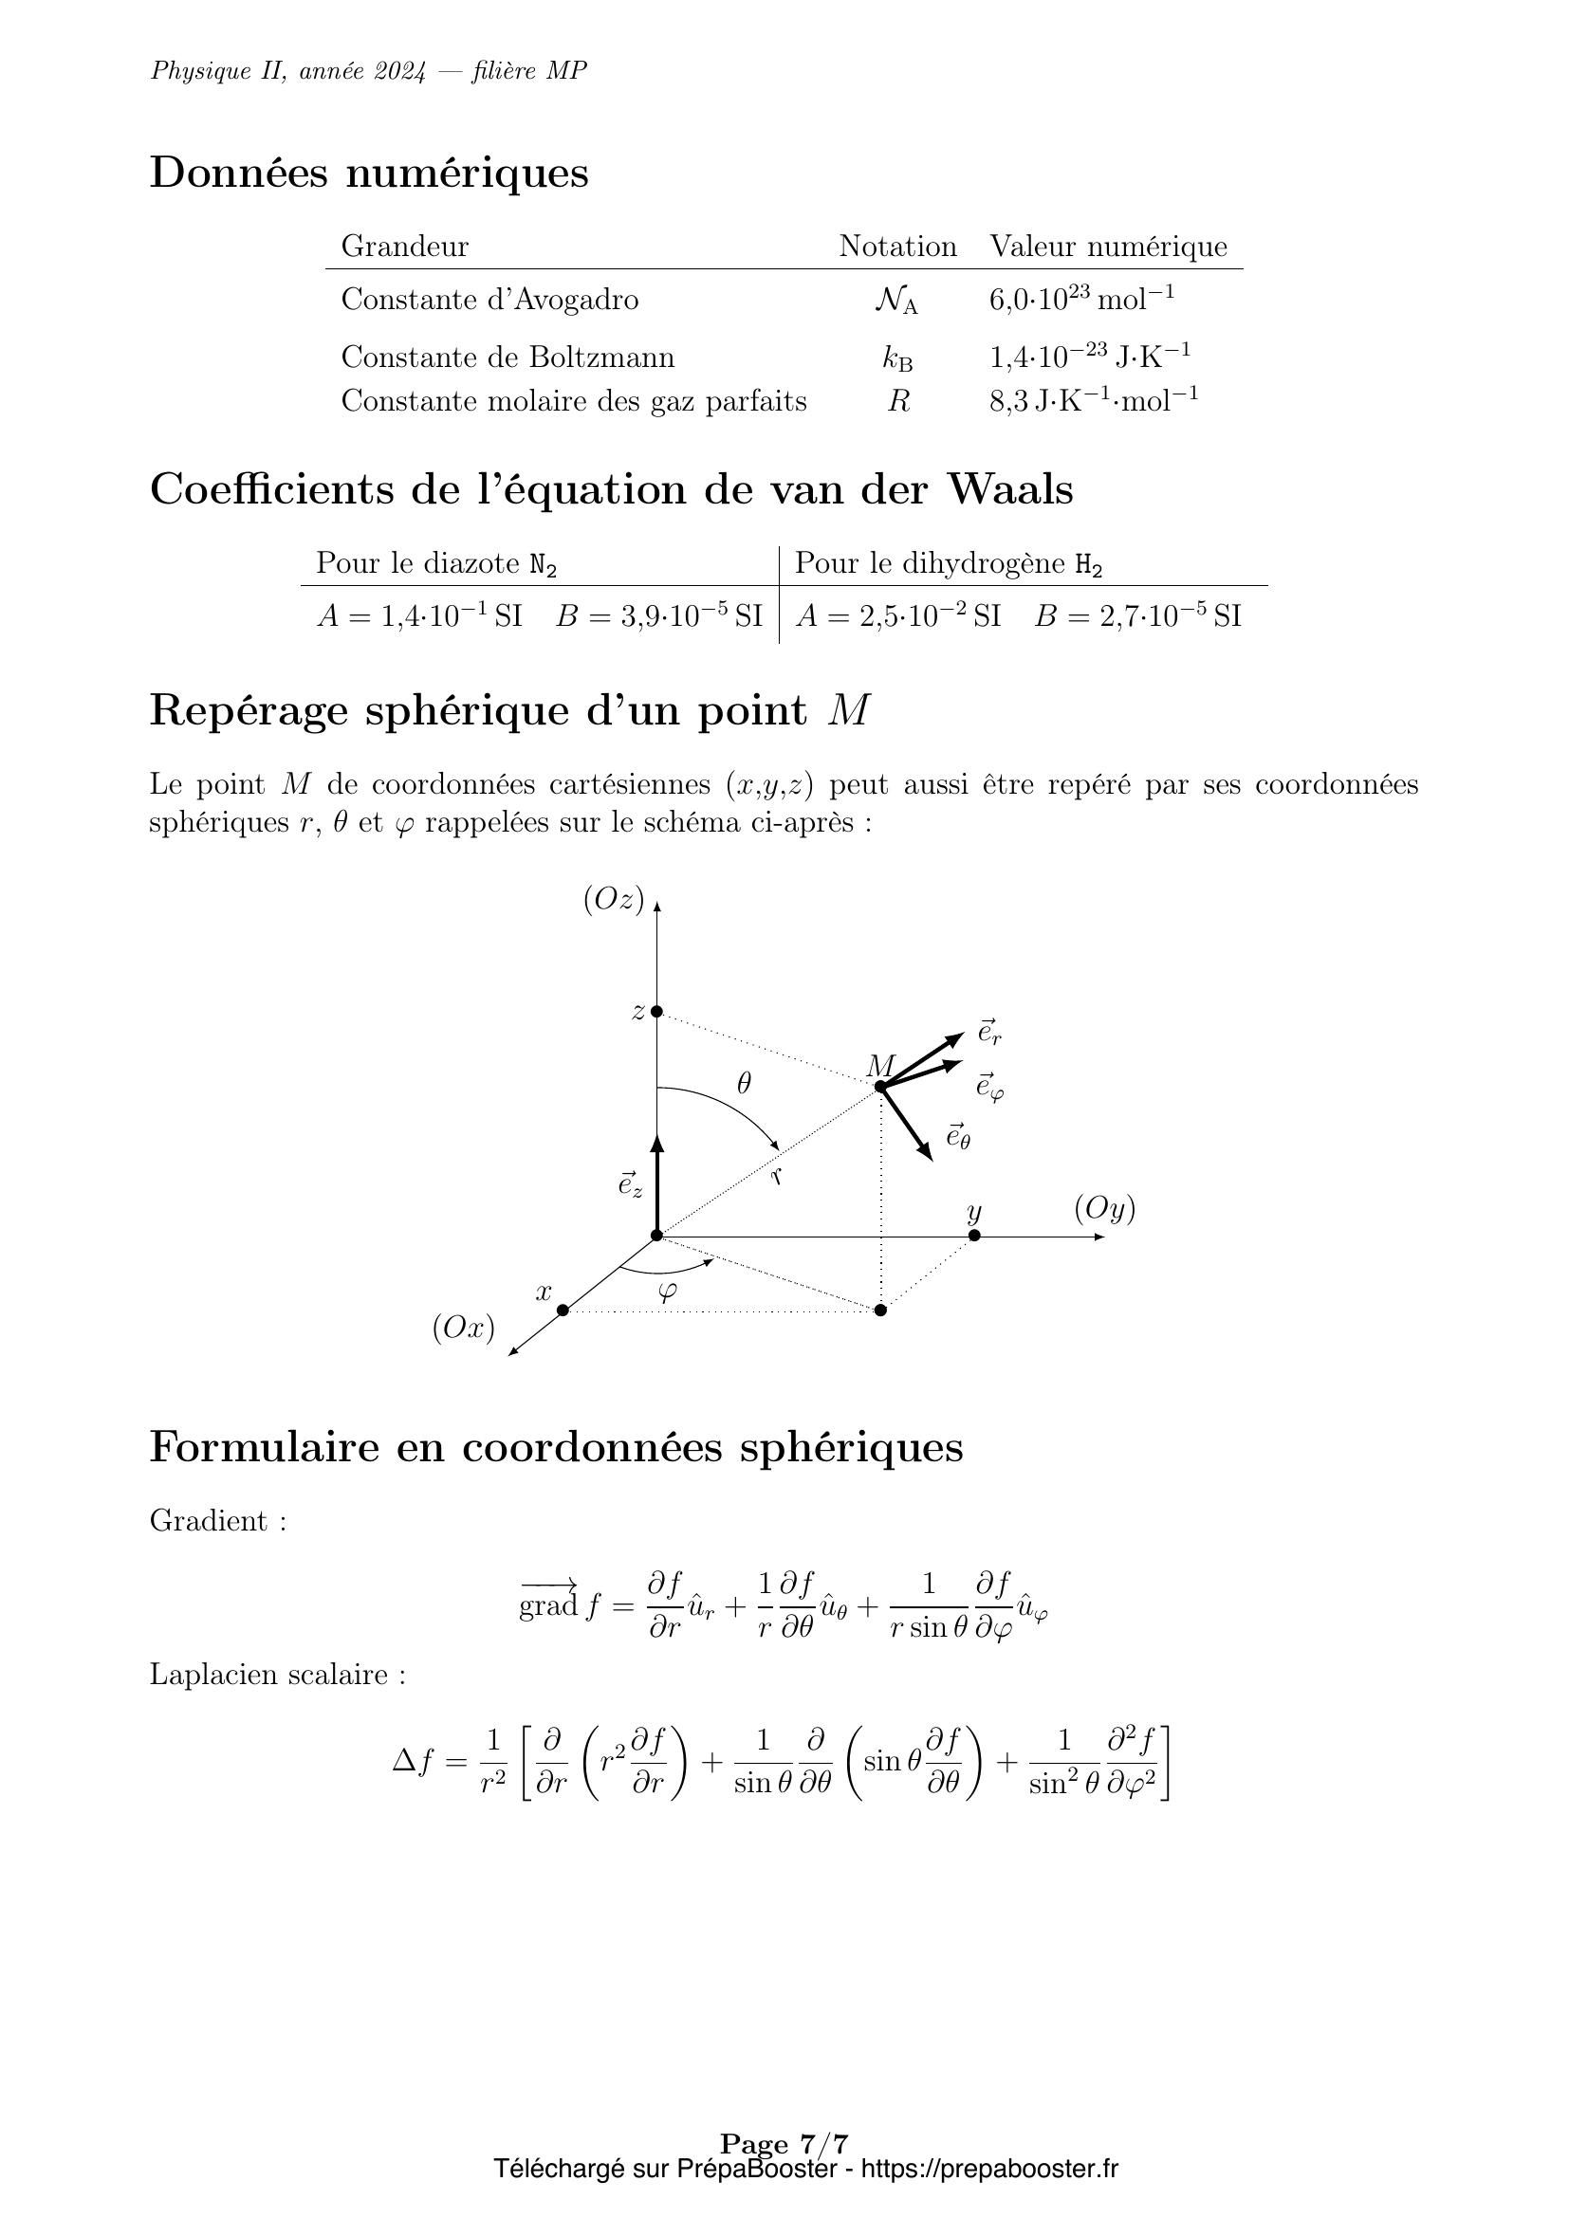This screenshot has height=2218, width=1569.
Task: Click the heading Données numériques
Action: (x=368, y=174)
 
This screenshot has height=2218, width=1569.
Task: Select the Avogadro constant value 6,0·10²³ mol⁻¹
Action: (x=1081, y=299)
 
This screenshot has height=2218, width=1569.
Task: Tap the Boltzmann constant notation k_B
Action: (x=896, y=358)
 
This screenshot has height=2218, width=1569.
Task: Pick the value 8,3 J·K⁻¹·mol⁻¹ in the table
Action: (x=1093, y=400)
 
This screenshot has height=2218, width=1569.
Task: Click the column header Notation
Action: (x=896, y=247)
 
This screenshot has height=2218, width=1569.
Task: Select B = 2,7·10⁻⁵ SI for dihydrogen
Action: (x=1137, y=615)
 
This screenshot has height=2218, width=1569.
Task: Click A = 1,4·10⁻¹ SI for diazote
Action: (x=419, y=615)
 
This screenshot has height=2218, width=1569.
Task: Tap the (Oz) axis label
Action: (x=614, y=899)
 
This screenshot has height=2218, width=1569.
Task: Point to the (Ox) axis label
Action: (x=464, y=1329)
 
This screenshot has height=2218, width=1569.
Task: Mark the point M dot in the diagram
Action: (x=880, y=1087)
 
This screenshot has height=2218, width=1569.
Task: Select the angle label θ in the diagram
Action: (x=743, y=1084)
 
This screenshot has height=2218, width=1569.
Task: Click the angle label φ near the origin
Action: (x=667, y=1292)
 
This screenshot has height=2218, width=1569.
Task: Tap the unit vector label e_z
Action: (x=630, y=1185)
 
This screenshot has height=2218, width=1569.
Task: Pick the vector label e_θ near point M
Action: (x=957, y=1137)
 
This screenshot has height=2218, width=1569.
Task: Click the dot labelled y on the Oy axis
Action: (x=974, y=1236)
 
